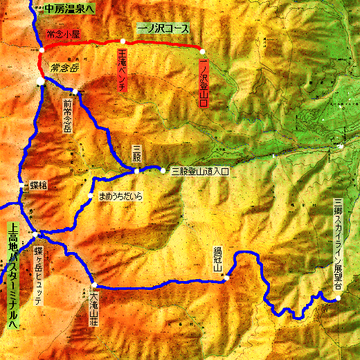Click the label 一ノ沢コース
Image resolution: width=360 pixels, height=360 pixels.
pos(163,28)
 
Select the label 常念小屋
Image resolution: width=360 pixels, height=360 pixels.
pos(64,33)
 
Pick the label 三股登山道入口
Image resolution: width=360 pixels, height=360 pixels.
pos(199,170)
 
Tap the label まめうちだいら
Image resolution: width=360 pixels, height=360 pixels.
pos(120,197)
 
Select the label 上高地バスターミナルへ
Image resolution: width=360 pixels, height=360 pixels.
pos(12,274)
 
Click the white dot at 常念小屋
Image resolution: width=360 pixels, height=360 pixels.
pos(42,50)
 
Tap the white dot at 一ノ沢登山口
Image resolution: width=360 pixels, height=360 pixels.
pos(201,51)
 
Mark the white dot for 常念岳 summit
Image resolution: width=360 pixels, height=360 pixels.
pos(41,82)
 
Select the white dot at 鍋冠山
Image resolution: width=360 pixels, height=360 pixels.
pos(226,278)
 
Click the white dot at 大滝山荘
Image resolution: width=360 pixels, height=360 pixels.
pos(93,286)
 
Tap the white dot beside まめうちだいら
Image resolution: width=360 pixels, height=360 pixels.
pos(91,196)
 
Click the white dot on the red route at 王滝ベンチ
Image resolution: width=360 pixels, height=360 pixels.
pos(123,42)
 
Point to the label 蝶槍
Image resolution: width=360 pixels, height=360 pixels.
pos(38,186)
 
